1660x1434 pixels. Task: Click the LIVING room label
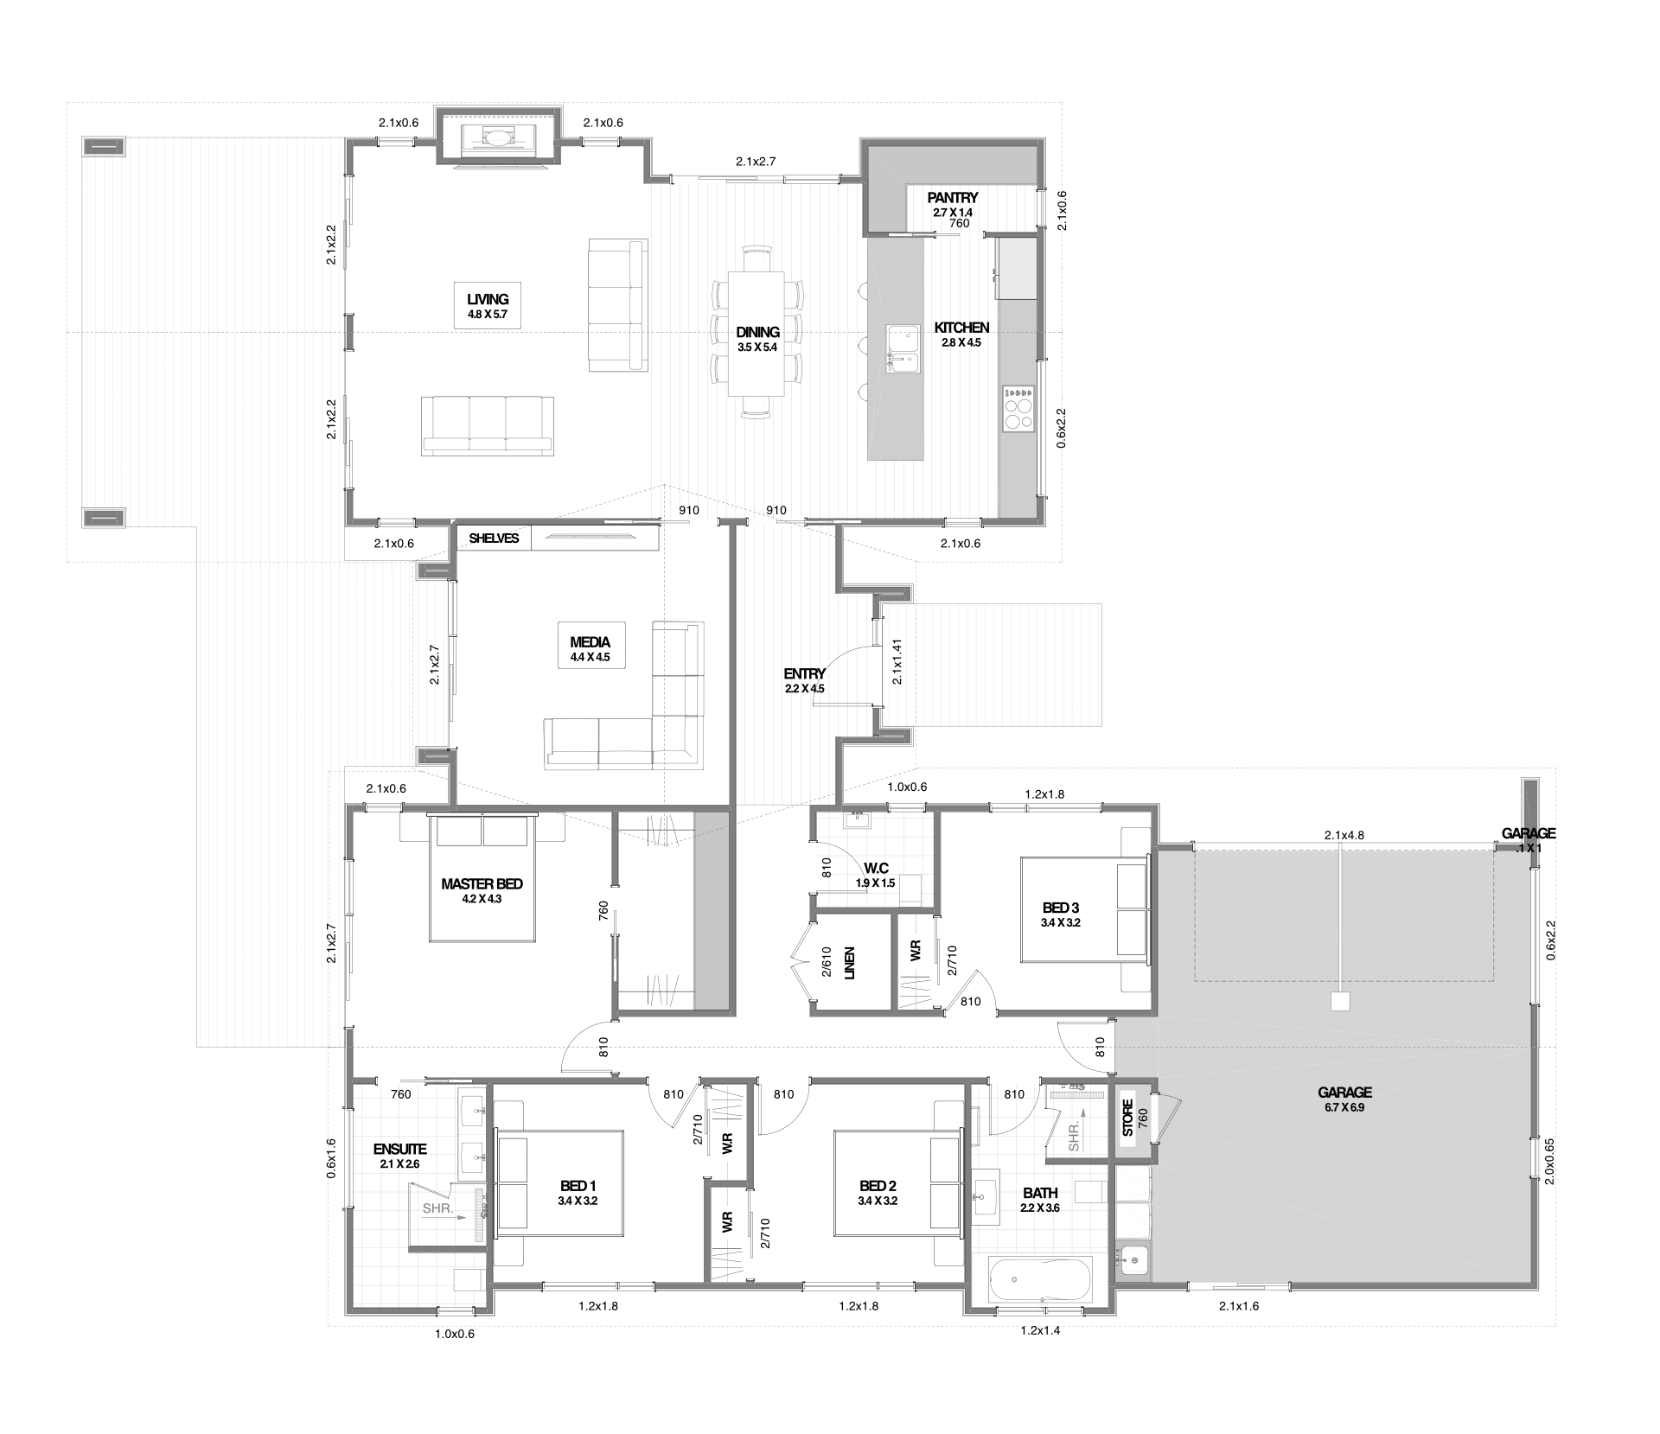click(488, 300)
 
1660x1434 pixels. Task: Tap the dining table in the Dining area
click(757, 334)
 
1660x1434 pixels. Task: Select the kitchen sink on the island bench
click(902, 348)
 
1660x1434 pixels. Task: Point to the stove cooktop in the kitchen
click(1018, 408)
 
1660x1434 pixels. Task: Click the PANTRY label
click(953, 198)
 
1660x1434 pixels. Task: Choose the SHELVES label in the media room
click(494, 539)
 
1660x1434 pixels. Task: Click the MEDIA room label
click(591, 642)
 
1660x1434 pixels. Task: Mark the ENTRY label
click(804, 674)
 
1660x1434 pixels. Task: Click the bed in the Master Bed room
click(482, 877)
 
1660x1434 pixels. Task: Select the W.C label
click(875, 869)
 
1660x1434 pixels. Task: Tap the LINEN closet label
click(849, 963)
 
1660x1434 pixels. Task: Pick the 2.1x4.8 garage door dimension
click(1344, 836)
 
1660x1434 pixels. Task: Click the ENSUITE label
click(399, 1150)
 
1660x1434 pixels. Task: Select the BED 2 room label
click(878, 1186)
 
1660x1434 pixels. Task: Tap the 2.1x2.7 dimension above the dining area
click(756, 161)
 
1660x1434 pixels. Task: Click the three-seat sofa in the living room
click(488, 425)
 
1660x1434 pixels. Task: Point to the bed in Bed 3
click(1084, 908)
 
